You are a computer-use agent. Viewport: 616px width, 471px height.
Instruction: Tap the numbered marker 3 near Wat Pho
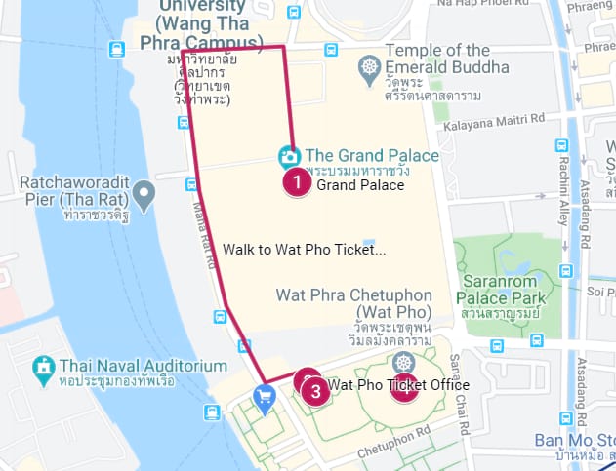click(313, 391)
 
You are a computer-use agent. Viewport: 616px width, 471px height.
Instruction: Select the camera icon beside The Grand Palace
click(289, 155)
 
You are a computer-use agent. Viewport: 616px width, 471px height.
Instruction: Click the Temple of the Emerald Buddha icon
click(370, 67)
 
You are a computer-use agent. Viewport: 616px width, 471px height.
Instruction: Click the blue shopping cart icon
click(264, 395)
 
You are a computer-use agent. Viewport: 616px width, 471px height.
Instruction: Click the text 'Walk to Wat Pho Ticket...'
click(304, 249)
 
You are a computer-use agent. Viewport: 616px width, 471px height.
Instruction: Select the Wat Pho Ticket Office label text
click(399, 385)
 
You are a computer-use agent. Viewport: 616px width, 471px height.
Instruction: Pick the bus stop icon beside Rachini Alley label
click(561, 145)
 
